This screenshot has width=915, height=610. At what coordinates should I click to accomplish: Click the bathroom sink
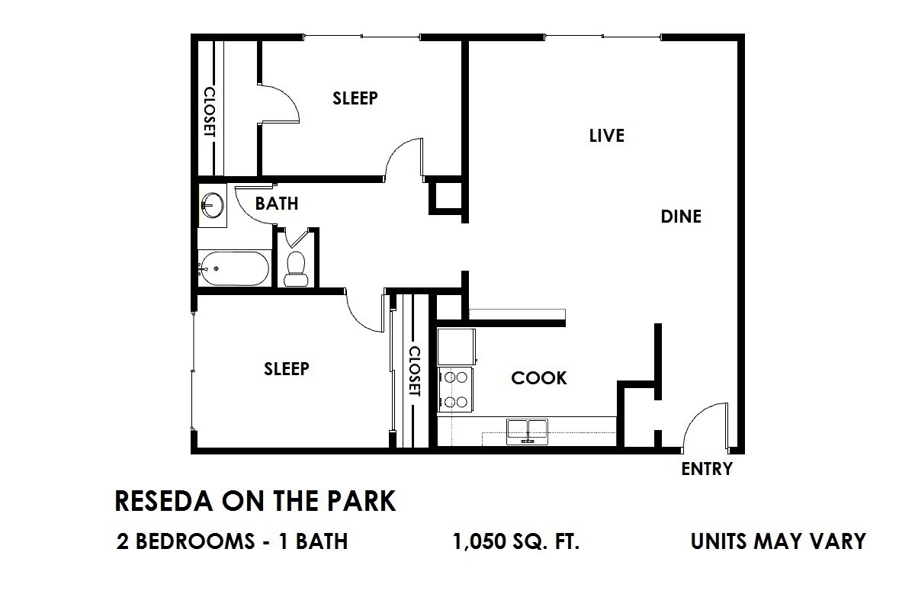pos(212,204)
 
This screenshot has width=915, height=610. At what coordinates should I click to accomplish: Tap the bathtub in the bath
pos(233,268)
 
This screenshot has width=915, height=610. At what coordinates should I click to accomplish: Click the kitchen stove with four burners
pos(456,390)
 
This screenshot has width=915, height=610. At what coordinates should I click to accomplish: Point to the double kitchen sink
pos(528,431)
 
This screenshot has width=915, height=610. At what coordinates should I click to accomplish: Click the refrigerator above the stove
pos(456,347)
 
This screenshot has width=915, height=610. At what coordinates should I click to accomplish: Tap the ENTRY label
pos(706,469)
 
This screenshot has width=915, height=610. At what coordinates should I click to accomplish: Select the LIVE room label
pos(607,136)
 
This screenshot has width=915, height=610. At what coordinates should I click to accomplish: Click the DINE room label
pos(680,217)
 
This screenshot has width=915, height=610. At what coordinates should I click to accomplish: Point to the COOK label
pos(538,377)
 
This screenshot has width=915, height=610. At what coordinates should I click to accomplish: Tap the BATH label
pos(276,204)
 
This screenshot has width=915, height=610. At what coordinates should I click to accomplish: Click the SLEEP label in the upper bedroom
pos(355,98)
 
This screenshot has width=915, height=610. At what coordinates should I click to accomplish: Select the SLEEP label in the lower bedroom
pos(286,369)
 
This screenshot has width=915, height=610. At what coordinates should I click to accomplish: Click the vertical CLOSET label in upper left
pos(209,111)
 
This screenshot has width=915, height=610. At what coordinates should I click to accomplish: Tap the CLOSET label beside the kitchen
pos(414,371)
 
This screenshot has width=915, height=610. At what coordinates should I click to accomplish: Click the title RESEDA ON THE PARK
pos(255,502)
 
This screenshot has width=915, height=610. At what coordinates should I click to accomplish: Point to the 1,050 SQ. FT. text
pos(516,541)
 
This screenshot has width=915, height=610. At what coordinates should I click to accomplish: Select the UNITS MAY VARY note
pos(778,541)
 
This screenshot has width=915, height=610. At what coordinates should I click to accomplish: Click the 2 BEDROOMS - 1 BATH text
pos(233,541)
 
